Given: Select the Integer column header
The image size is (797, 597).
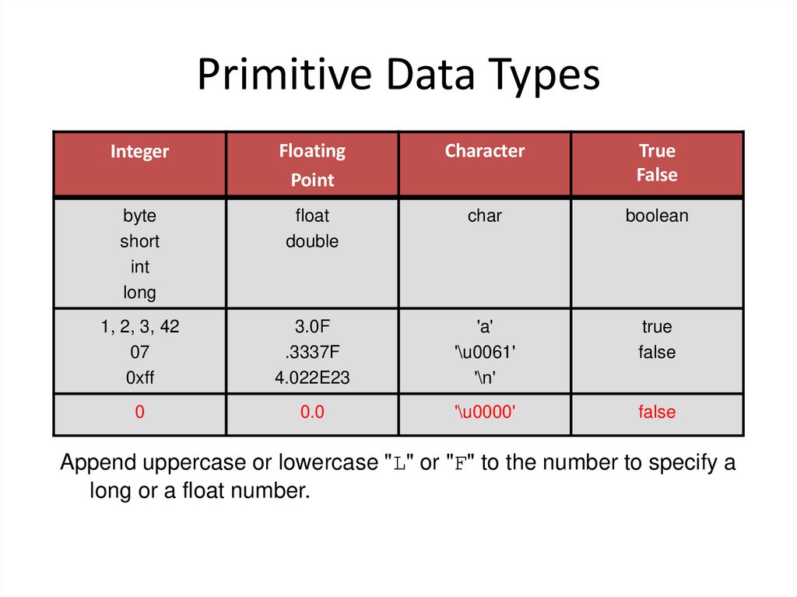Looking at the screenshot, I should point(139,151).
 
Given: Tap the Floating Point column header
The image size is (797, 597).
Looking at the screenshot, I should point(312,164).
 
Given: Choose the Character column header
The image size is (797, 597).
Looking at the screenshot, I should point(484,151).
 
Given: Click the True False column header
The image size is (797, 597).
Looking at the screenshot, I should point(657,163).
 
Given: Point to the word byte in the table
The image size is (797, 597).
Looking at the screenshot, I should point(139,216).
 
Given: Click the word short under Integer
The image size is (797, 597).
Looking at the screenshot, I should point(139,241).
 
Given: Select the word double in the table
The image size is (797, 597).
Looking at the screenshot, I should point(312,241).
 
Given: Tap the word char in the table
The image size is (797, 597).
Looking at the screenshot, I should point(484,216).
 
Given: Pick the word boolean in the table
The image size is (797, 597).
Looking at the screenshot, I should point(657,216).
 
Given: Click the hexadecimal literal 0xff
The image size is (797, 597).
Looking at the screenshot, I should point(139,378).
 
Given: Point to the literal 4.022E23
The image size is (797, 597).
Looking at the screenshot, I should point(312,378).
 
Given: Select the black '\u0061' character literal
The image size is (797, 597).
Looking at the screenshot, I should point(484,352).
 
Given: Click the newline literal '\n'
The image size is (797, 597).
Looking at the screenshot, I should point(484,378).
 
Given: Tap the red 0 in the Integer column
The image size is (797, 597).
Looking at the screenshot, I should point(139,413).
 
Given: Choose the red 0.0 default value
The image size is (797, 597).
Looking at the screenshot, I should point(312,413).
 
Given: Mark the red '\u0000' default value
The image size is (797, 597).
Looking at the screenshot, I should point(484,413).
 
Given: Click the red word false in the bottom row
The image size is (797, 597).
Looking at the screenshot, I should point(657,413).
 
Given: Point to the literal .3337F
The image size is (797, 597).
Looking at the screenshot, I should point(312,352).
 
